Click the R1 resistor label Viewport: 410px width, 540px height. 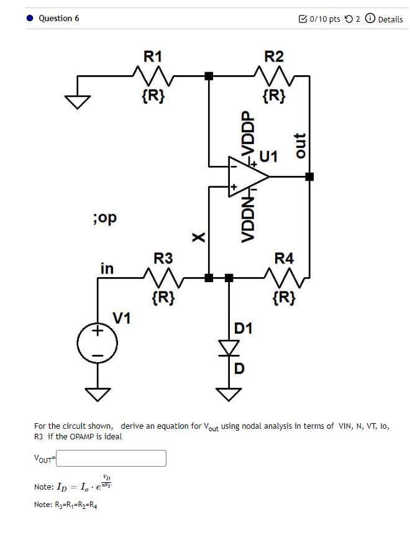click(153, 57)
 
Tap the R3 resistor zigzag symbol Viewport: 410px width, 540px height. click(163, 277)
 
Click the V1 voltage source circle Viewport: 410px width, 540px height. click(97, 343)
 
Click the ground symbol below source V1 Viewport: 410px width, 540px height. click(97, 393)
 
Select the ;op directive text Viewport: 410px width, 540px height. click(104, 218)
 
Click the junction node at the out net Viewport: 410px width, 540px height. click(309, 176)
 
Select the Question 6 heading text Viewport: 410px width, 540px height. click(58, 19)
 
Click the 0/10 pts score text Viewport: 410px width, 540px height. click(324, 19)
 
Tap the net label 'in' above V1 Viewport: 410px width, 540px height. click(107, 268)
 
